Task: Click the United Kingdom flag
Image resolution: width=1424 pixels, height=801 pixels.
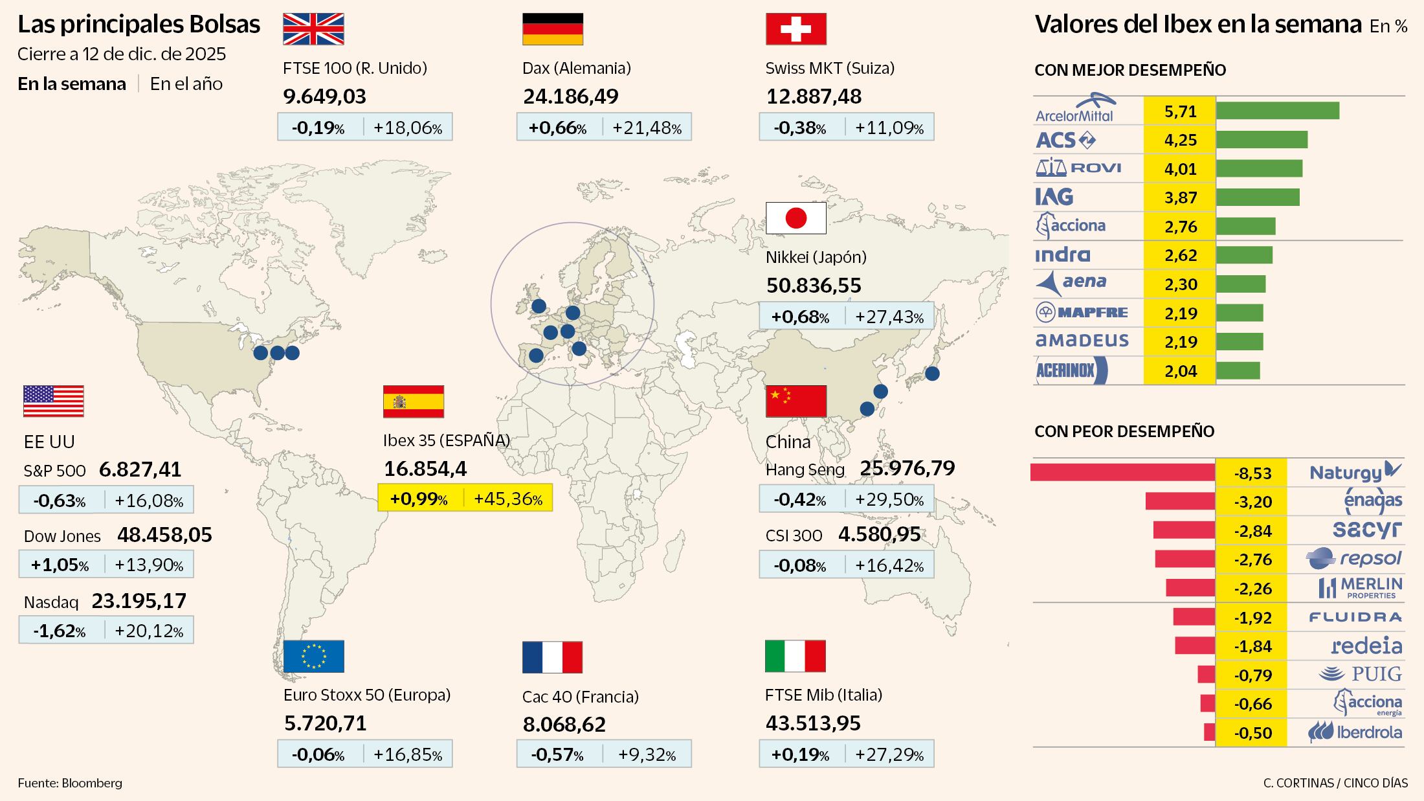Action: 313,29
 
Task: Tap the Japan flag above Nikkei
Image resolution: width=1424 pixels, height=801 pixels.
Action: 795,218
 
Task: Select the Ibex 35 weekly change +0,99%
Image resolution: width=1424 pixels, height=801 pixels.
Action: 419,499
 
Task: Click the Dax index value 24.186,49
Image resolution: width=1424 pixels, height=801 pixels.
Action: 570,96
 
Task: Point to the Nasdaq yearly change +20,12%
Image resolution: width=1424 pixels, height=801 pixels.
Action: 149,631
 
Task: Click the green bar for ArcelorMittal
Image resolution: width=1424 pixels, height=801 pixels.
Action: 1277,111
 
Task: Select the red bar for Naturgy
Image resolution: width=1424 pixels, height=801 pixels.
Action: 1122,473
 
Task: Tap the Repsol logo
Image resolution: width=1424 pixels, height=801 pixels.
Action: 1353,558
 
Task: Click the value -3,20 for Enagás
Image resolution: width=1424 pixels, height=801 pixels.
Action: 1252,502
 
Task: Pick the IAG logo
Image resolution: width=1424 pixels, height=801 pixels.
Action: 1054,197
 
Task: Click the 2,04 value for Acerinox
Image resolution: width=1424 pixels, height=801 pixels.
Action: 1180,371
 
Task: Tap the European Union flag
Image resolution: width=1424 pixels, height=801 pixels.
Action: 313,657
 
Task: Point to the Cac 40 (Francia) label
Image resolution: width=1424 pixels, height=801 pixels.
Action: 580,697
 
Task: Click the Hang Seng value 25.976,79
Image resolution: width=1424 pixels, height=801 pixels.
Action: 907,468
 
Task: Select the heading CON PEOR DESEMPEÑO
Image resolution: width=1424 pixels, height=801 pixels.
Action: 1124,431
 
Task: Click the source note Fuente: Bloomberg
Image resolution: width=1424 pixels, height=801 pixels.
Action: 70,783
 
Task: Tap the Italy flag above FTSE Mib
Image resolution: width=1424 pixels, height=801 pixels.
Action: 795,657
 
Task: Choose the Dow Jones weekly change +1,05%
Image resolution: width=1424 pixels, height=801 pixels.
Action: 60,565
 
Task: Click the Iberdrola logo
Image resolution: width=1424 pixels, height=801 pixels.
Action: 1355,732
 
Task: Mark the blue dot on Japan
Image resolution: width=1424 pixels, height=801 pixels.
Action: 932,374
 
